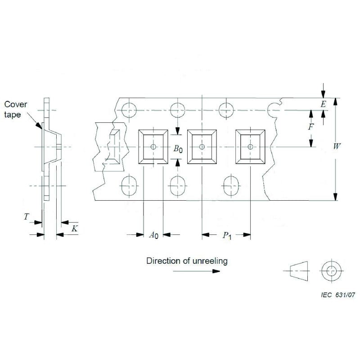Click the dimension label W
337,147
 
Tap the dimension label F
310,127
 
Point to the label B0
178,149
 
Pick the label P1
226,235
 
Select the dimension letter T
27,217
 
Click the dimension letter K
75,229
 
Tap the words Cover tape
16,109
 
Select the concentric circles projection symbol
331,271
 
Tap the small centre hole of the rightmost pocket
251,147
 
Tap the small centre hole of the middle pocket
202,147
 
